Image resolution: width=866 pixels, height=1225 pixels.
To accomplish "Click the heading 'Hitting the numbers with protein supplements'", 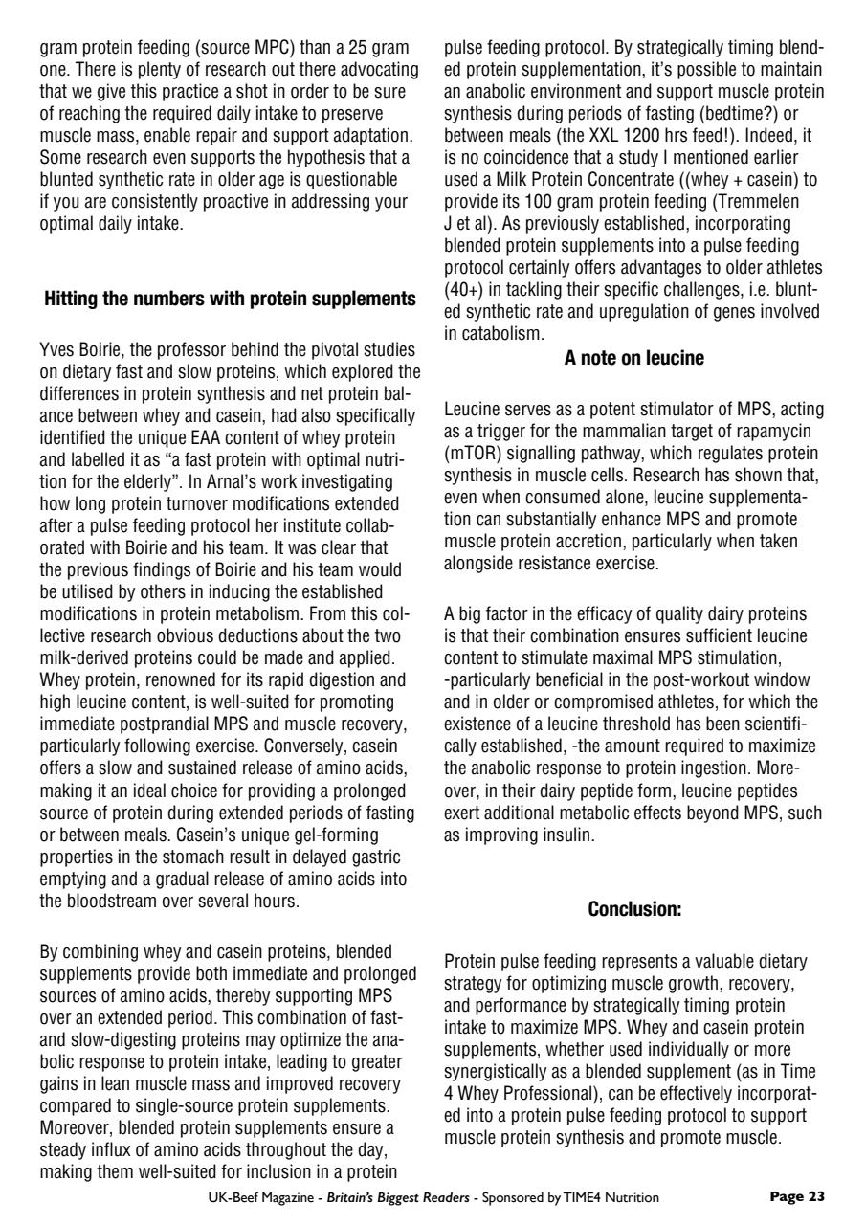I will [x=230, y=299].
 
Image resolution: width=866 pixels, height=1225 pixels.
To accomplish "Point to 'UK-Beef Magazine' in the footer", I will [x=253, y=1197].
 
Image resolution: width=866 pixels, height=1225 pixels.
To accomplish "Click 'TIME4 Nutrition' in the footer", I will [x=611, y=1197].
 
